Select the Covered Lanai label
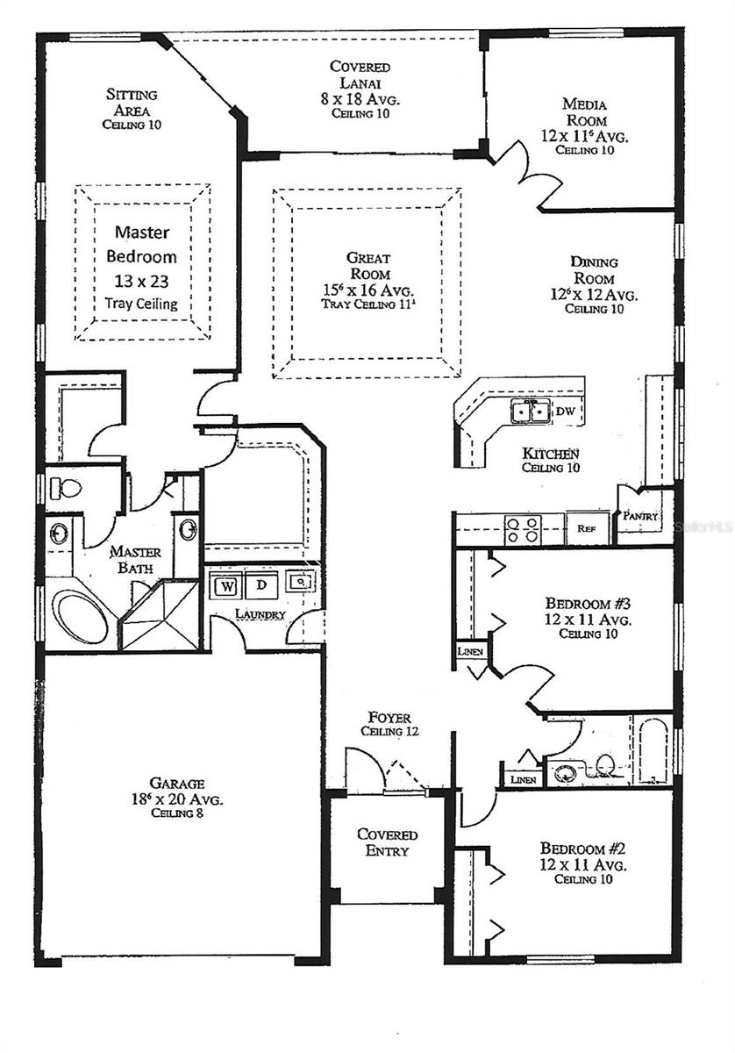click(360, 90)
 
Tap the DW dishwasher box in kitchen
click(566, 411)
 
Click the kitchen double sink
click(531, 411)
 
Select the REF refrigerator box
click(585, 529)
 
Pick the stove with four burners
click(522, 529)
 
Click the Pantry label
click(641, 517)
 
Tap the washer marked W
click(225, 584)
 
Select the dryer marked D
click(260, 584)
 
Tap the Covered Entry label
click(387, 842)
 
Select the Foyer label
click(389, 724)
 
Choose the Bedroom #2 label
click(582, 863)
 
